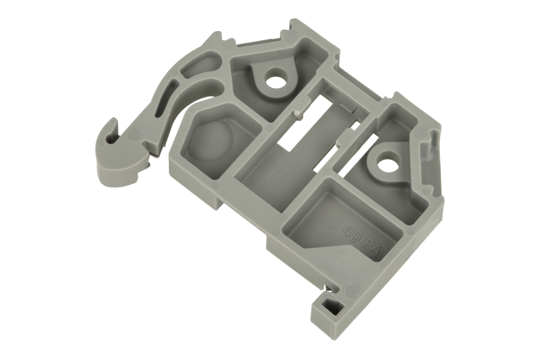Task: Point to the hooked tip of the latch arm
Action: click(113, 122)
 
